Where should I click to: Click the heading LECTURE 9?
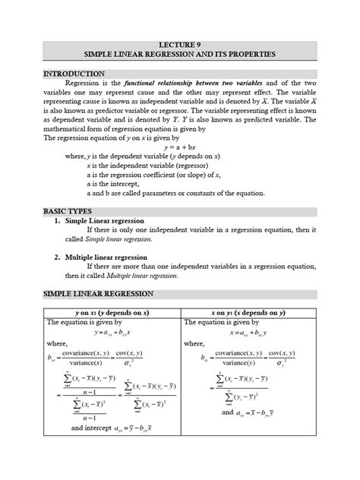tap(180, 45)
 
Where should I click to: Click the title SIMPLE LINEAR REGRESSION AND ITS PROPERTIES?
tap(180, 56)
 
